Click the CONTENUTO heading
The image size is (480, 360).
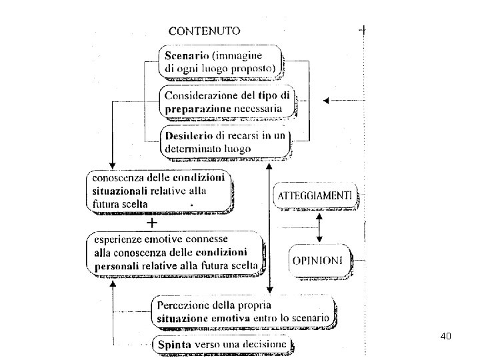[205, 30]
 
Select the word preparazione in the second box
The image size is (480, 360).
[198, 108]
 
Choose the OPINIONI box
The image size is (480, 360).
[319, 260]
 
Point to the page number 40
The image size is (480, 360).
[446, 337]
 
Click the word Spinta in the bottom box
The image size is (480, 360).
[174, 345]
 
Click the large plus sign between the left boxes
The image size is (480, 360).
[152, 222]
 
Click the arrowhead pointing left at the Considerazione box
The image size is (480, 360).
[326, 101]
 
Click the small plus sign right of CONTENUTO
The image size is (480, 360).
[362, 29]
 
